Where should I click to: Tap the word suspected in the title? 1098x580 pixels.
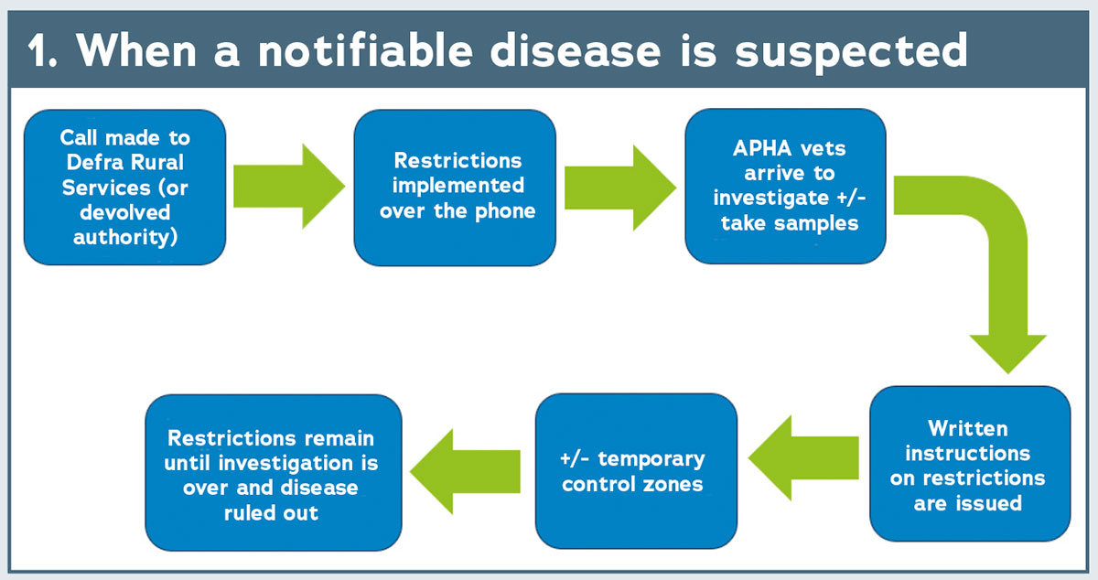852,52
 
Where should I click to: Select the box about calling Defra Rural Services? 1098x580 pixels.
125,188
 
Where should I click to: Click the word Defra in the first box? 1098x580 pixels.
92,162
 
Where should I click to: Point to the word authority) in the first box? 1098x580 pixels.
125,238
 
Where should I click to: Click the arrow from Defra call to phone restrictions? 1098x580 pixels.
289,187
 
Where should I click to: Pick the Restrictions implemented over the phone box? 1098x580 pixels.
455,188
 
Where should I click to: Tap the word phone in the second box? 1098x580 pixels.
505,212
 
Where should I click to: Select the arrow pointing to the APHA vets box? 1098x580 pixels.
620,188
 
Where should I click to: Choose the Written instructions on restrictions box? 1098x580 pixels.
970,464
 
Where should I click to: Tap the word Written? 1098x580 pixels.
968,429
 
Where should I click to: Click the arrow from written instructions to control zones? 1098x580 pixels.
803,458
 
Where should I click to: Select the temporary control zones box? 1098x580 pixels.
636,470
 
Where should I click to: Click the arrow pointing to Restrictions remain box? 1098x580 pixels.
465,471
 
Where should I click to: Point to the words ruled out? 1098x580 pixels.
271,513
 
